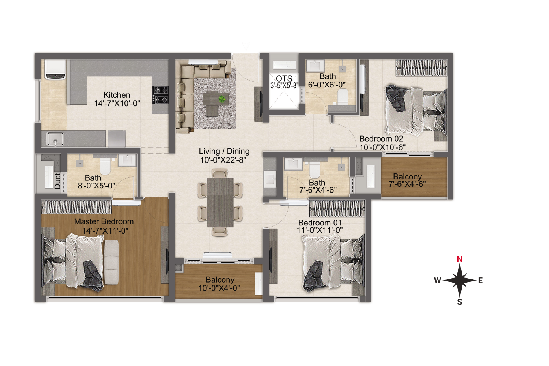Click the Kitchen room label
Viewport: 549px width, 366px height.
click(117, 95)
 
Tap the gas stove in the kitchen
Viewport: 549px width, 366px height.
click(160, 95)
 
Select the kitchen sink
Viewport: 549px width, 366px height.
click(55, 139)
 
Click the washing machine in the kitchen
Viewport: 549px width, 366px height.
click(55, 70)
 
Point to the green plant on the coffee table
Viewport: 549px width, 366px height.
click(222, 99)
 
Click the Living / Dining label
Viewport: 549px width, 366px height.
click(224, 151)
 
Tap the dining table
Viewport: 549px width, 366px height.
click(220, 202)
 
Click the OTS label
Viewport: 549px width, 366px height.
click(284, 78)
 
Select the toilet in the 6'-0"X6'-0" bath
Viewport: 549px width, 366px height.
click(343, 97)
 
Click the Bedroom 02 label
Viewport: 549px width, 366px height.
click(381, 139)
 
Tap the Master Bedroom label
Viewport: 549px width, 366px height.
click(104, 221)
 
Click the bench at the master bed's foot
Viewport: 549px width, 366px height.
click(112, 262)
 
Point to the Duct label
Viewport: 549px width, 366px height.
click(57, 181)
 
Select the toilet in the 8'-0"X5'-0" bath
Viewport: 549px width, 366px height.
click(105, 166)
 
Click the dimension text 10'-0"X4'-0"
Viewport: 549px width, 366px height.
click(219, 288)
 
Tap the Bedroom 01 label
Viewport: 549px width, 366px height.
click(320, 223)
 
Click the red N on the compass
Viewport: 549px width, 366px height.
click(460, 259)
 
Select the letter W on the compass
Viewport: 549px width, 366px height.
click(437, 280)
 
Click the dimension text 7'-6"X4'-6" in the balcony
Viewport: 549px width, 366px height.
click(407, 184)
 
